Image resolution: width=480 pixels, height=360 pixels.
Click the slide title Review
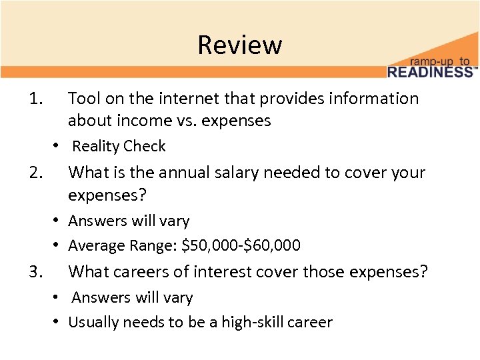click(240, 45)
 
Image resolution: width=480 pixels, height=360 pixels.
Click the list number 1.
click(36, 99)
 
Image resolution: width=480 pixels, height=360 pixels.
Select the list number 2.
click(36, 173)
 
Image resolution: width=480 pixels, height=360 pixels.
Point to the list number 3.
click(36, 272)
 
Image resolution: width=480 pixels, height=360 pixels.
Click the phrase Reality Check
click(119, 146)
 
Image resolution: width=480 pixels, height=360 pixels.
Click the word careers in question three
click(144, 272)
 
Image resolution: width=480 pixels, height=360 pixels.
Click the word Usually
click(93, 323)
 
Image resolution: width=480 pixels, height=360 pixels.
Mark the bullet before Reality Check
click(59, 146)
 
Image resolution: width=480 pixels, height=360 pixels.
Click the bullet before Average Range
click(59, 245)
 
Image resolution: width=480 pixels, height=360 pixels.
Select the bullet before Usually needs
click(59, 322)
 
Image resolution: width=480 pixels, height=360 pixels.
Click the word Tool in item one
click(83, 99)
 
